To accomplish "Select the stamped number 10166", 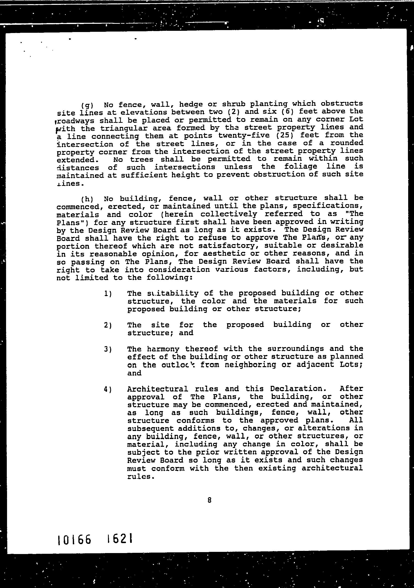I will tap(75, 541).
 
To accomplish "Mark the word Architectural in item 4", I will tap(157, 389).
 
